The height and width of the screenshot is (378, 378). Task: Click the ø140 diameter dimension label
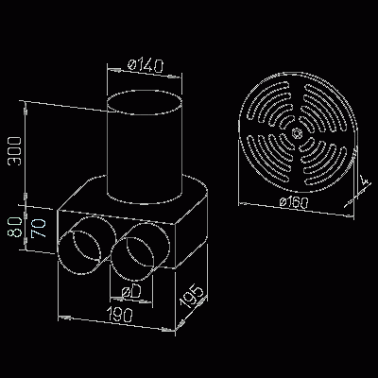tap(145, 66)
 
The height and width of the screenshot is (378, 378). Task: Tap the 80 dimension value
tap(13, 229)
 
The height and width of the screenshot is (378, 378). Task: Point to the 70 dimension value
tap(37, 228)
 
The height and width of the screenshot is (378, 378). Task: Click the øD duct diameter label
tap(132, 295)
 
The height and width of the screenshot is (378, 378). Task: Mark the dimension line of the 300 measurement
tap(26, 151)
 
